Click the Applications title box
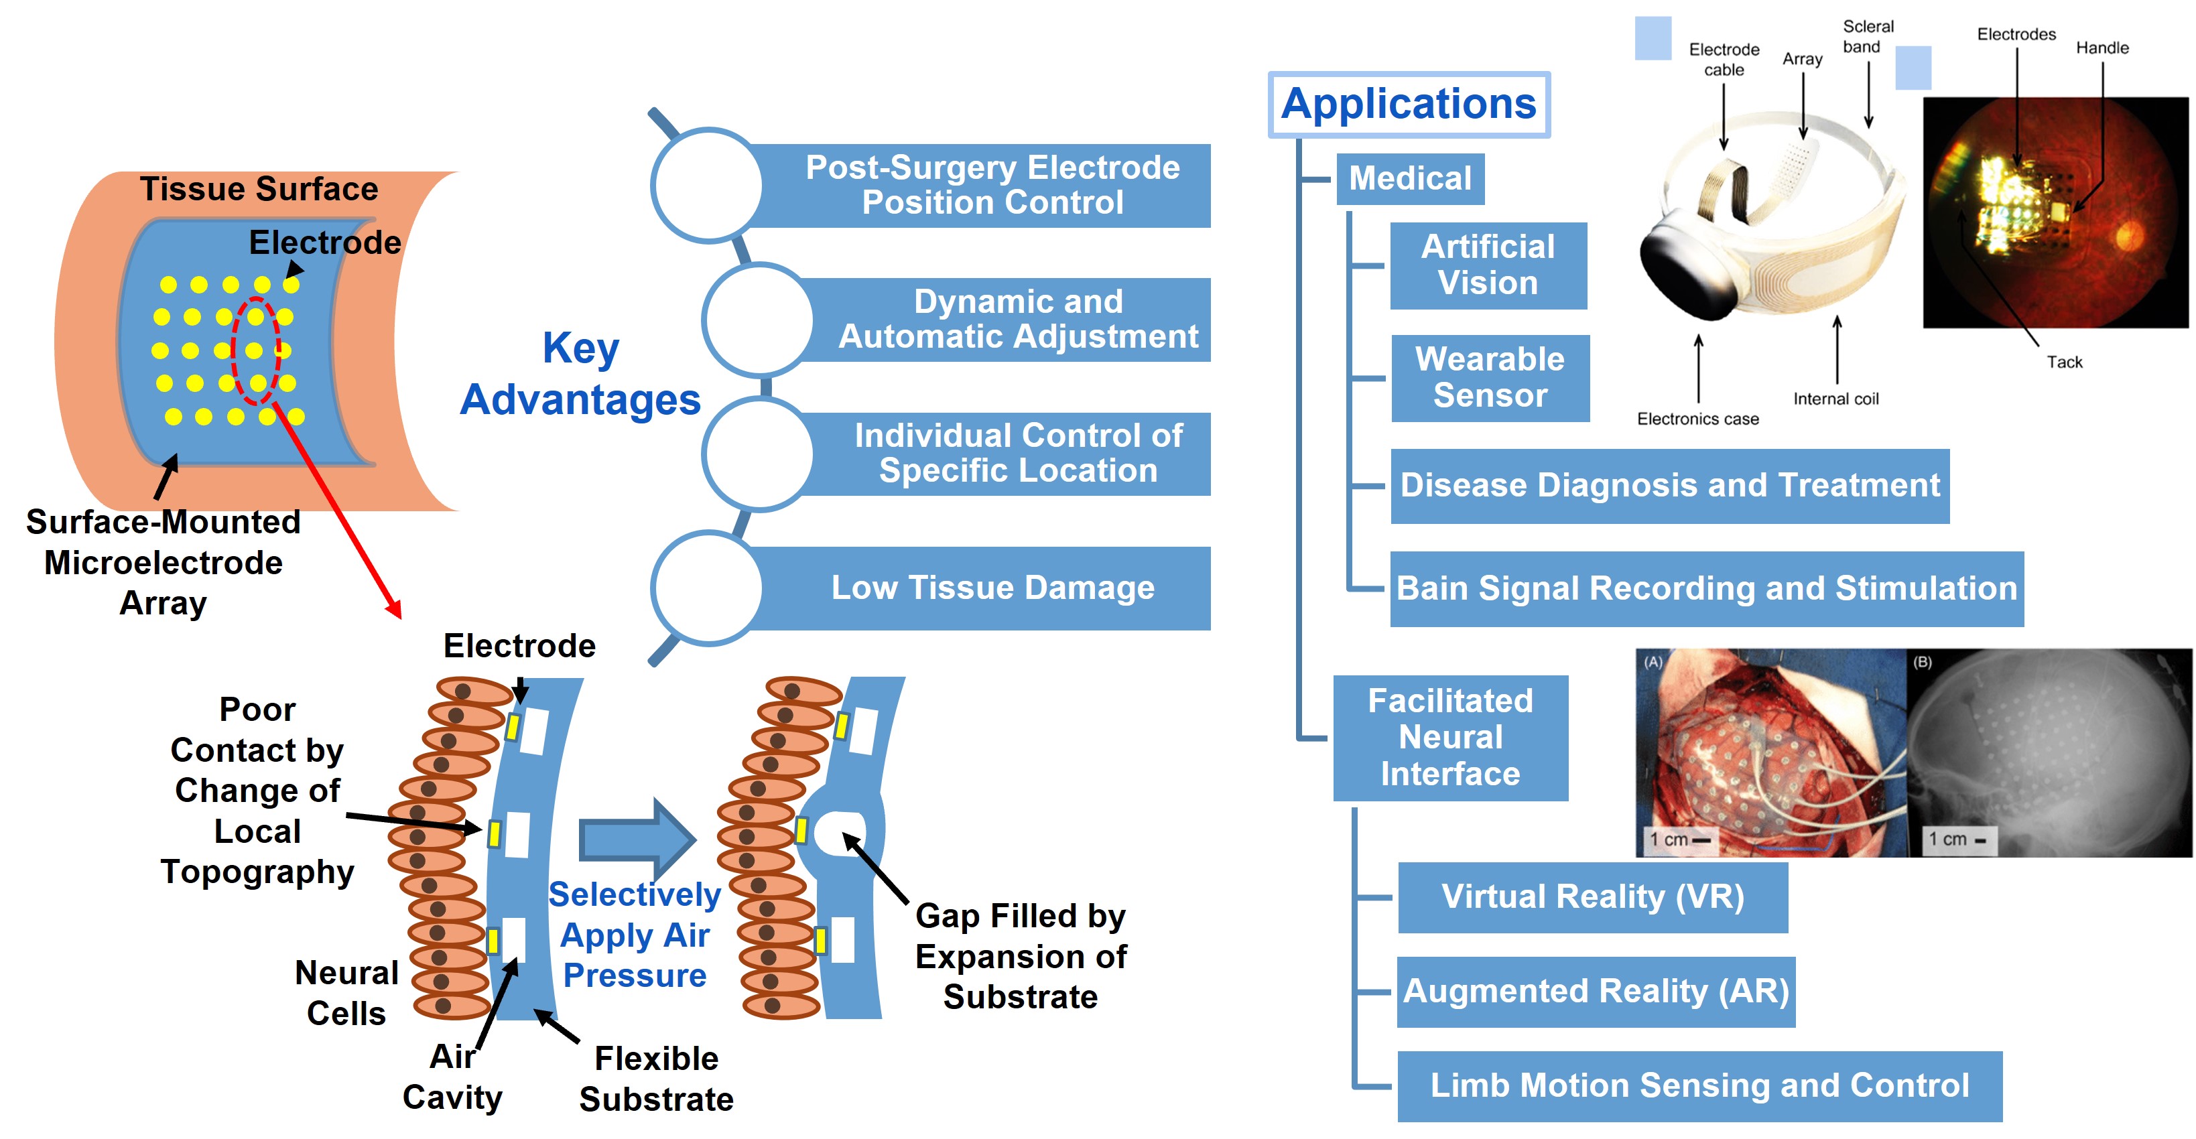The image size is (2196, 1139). click(1409, 104)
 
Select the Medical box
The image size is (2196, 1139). click(1410, 179)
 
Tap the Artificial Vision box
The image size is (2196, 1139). click(1488, 265)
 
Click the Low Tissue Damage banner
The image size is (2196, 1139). click(992, 588)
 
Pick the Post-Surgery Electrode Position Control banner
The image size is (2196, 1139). click(992, 186)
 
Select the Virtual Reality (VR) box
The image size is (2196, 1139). click(1592, 897)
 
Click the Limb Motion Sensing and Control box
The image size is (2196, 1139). click(1699, 1085)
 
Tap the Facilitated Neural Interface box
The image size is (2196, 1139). click(1449, 738)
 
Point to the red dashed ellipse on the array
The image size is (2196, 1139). click(257, 350)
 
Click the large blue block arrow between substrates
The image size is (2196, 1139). click(635, 840)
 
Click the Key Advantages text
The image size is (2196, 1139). click(580, 375)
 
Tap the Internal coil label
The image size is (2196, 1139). click(1835, 399)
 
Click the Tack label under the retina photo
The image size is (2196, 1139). click(2064, 362)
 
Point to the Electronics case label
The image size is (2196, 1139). click(1697, 419)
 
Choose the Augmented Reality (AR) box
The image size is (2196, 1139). click(1595, 992)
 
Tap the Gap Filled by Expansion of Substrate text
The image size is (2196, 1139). click(1021, 957)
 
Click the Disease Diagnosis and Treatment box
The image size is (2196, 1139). click(1669, 486)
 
